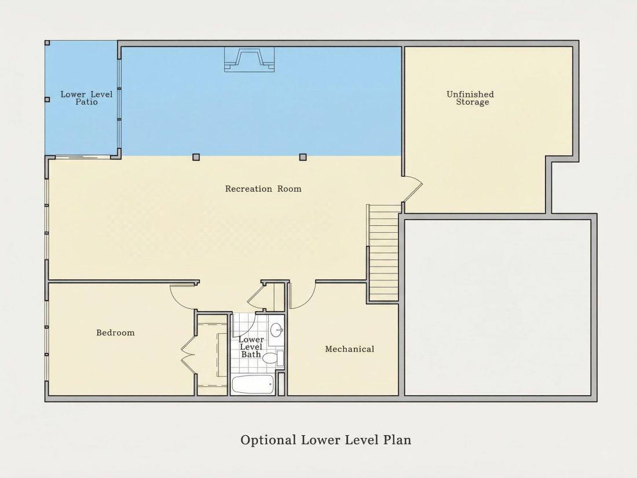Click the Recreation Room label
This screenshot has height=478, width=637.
click(x=263, y=189)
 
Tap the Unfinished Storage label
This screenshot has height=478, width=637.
click(x=470, y=98)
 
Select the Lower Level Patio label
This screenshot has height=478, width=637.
click(x=86, y=98)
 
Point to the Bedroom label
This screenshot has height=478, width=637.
click(x=115, y=333)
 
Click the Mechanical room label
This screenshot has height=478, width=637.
click(x=350, y=349)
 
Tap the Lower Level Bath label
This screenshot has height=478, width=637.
click(x=251, y=346)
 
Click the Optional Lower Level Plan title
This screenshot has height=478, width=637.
click(x=326, y=440)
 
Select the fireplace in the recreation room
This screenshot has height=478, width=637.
click(x=250, y=59)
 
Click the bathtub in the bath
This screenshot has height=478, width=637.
click(x=252, y=384)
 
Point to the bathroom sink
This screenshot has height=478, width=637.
click(x=277, y=330)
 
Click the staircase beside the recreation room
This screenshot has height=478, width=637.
click(x=383, y=253)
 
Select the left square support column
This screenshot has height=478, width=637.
click(x=196, y=157)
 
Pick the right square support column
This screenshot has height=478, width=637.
click(x=303, y=157)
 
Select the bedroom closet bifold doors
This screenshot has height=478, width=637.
click(x=189, y=353)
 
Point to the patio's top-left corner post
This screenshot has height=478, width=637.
click(x=47, y=43)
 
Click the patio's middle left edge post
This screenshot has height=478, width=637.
click(x=47, y=100)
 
